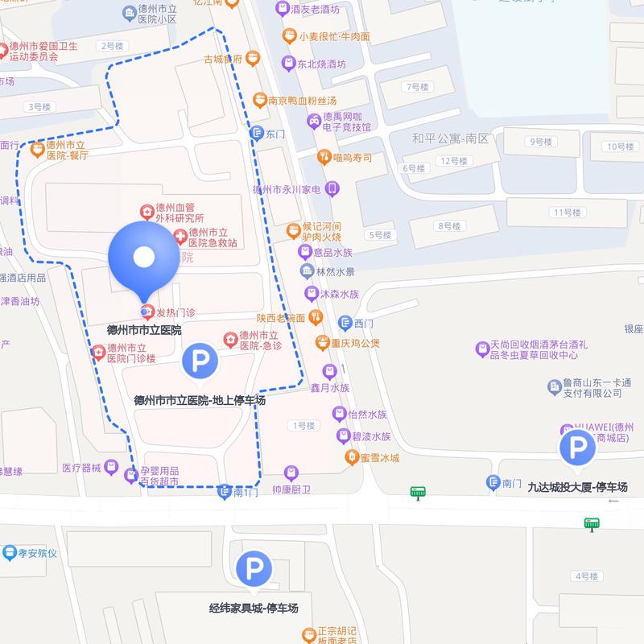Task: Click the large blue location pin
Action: [x=143, y=258]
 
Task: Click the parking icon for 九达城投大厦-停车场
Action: [x=578, y=448]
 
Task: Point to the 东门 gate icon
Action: [x=257, y=134]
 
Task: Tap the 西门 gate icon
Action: [x=345, y=324]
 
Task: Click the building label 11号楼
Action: [x=566, y=213]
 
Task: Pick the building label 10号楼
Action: [x=621, y=147]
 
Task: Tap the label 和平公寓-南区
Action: [x=450, y=138]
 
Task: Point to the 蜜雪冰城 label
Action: [x=379, y=458]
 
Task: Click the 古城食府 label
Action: [x=223, y=59]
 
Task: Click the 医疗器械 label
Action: [x=82, y=468]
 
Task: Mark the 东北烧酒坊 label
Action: [x=324, y=64]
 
